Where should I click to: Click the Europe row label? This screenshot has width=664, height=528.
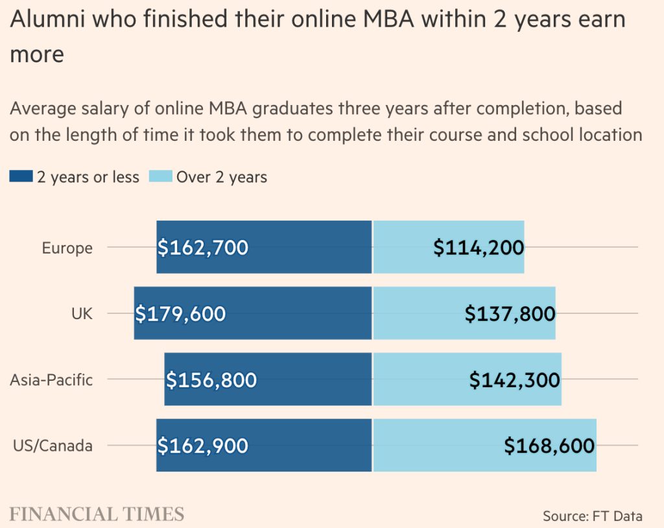pos(67,248)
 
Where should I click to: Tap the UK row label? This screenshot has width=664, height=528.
pos(82,314)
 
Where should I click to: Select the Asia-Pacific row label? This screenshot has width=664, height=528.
pos(51,380)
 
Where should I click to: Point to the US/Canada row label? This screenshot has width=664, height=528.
pos(53,446)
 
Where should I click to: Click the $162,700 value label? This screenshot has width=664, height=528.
pos(203,248)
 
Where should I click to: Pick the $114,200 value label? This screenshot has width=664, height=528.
pos(479,248)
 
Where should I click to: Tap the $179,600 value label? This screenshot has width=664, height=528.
pos(181,314)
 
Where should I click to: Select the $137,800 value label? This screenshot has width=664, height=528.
pos(510,314)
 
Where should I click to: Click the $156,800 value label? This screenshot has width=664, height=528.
pos(211,380)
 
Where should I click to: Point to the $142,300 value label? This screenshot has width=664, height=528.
pos(515,380)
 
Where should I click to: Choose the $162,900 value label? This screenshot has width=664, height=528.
pos(203,446)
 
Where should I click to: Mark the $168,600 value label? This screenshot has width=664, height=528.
pos(549,446)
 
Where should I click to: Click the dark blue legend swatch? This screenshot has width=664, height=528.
pos(21,176)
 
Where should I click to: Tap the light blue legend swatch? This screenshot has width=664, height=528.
pos(161,176)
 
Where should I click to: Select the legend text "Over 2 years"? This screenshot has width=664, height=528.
pos(222,177)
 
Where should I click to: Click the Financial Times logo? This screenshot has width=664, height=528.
pos(97,515)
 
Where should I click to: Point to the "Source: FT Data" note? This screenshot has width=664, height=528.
pos(592,516)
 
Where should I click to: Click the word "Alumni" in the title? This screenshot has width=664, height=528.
pos(50,19)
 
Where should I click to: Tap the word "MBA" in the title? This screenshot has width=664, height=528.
pos(388,19)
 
